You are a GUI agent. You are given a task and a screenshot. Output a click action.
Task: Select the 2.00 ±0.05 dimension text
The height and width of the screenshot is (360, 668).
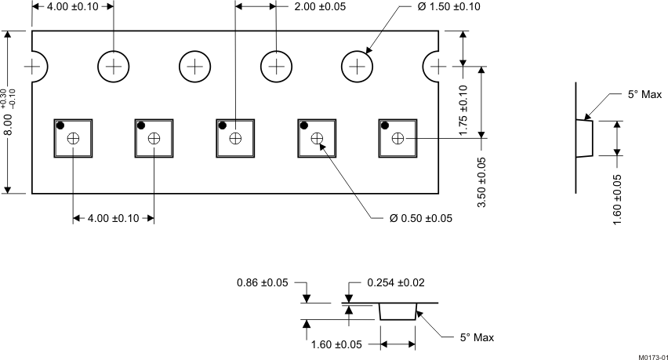click(319, 7)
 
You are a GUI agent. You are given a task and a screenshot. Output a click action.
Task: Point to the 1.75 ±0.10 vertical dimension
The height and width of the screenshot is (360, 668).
click(463, 111)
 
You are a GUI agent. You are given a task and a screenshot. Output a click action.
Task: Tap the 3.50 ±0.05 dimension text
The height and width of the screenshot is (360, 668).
click(481, 182)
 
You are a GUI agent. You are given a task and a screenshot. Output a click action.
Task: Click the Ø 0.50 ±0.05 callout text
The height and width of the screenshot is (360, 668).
click(421, 218)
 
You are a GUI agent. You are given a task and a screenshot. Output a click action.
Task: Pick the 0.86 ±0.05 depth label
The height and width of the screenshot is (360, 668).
click(262, 283)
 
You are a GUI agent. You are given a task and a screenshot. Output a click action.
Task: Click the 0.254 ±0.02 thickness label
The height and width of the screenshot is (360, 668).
click(397, 283)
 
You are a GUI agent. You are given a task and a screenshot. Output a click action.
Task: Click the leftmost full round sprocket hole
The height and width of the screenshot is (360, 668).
click(114, 67)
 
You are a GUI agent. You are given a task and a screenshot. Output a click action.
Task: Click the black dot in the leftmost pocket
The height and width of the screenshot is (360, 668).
click(60, 126)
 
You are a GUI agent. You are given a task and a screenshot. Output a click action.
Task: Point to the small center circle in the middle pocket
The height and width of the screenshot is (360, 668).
click(235, 138)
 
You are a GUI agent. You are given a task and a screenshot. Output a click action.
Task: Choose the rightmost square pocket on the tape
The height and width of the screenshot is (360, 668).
click(398, 138)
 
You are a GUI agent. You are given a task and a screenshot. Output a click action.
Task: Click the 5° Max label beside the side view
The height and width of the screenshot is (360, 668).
click(644, 94)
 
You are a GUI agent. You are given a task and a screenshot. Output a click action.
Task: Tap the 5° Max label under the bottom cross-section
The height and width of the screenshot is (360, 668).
click(477, 338)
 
